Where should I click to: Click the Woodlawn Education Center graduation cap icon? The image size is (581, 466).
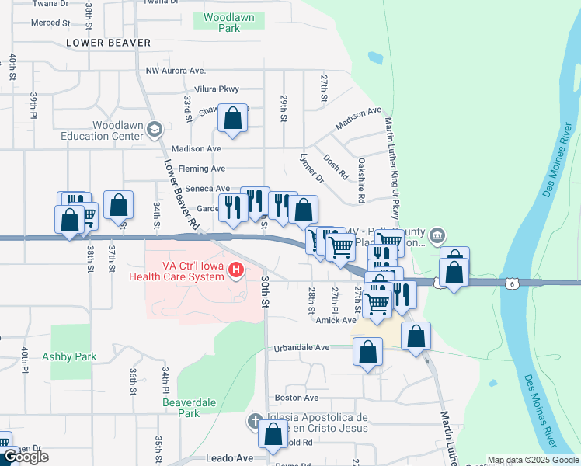[x=154, y=129]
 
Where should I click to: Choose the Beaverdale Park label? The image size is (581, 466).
[x=183, y=408]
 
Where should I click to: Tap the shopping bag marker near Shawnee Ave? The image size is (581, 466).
[x=232, y=119]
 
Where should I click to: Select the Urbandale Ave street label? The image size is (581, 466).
[x=302, y=349]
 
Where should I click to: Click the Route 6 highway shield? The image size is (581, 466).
[x=510, y=284]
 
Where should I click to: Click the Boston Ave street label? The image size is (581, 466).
[x=292, y=398]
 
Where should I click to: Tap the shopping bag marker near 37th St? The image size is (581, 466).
[x=118, y=206]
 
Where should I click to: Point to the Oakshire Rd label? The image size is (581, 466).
[x=361, y=181]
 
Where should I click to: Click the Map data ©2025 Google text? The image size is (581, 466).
[x=532, y=460]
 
